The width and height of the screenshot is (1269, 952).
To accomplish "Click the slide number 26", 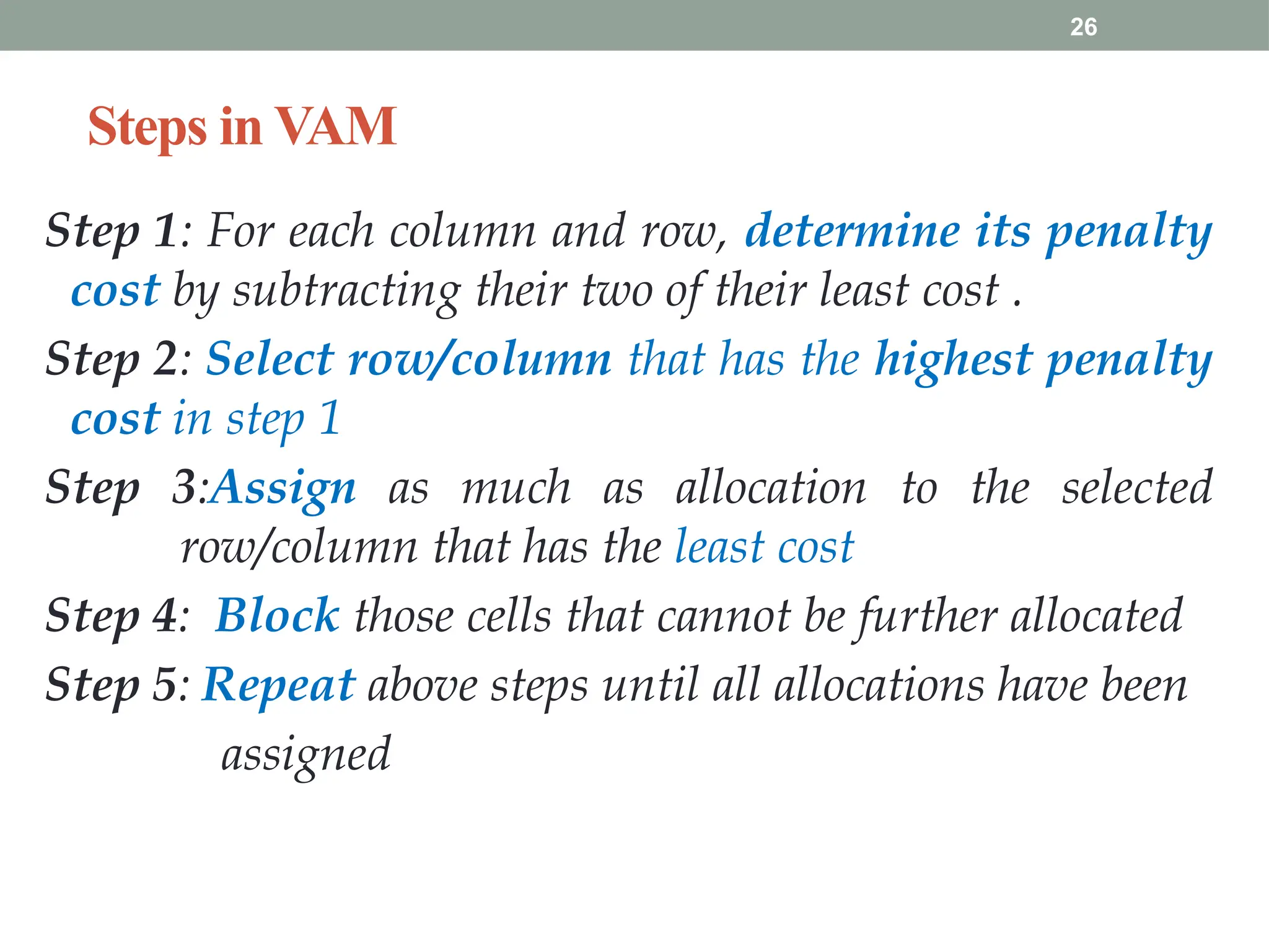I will (1083, 27).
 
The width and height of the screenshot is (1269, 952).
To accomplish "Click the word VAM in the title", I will (335, 126).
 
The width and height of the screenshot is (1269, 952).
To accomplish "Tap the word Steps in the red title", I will (147, 128).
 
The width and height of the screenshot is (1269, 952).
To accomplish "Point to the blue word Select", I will (270, 359).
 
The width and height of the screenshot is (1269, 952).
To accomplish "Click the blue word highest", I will (954, 359).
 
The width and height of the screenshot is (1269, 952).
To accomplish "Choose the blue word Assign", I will (284, 488).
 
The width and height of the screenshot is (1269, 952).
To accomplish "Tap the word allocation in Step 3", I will (771, 488).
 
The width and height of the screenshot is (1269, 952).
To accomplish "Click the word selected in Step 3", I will (1136, 488).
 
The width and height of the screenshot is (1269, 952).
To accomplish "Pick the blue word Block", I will (278, 616).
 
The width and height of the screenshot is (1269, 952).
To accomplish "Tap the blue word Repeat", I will (279, 685).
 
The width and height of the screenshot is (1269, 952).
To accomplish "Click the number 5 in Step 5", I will (165, 685).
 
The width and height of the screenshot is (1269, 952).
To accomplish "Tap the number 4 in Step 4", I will (165, 616).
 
